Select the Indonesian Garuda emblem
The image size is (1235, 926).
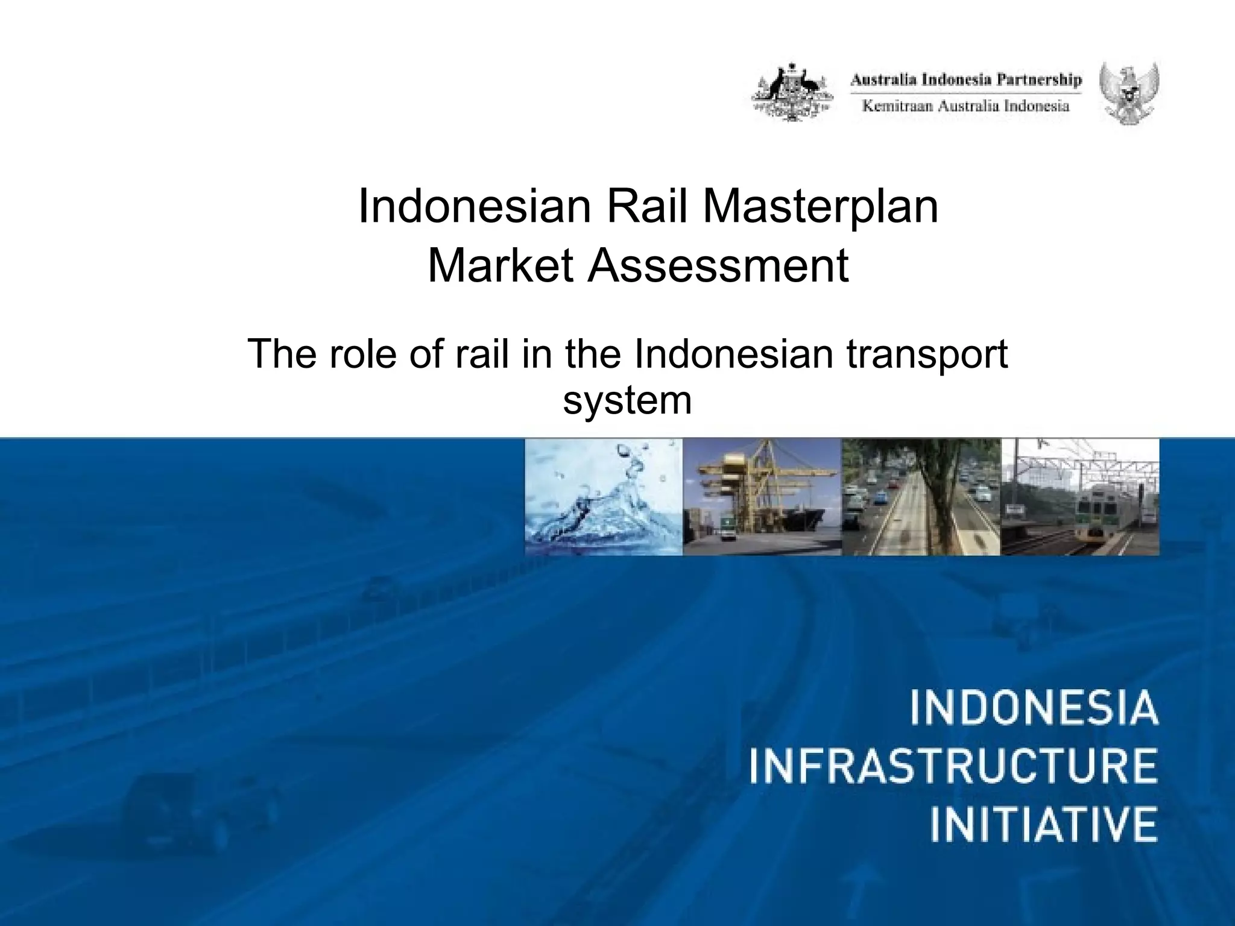pyautogui.click(x=1128, y=93)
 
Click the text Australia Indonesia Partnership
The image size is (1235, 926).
pyautogui.click(x=966, y=80)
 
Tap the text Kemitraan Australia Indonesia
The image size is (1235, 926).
pyautogui.click(x=966, y=107)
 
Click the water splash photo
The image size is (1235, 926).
pyautogui.click(x=604, y=497)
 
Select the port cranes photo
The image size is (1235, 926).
pyautogui.click(x=762, y=497)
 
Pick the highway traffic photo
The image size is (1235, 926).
pyautogui.click(x=921, y=497)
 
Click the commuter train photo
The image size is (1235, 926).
pyautogui.click(x=1079, y=497)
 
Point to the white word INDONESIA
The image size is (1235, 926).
pyautogui.click(x=1034, y=710)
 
